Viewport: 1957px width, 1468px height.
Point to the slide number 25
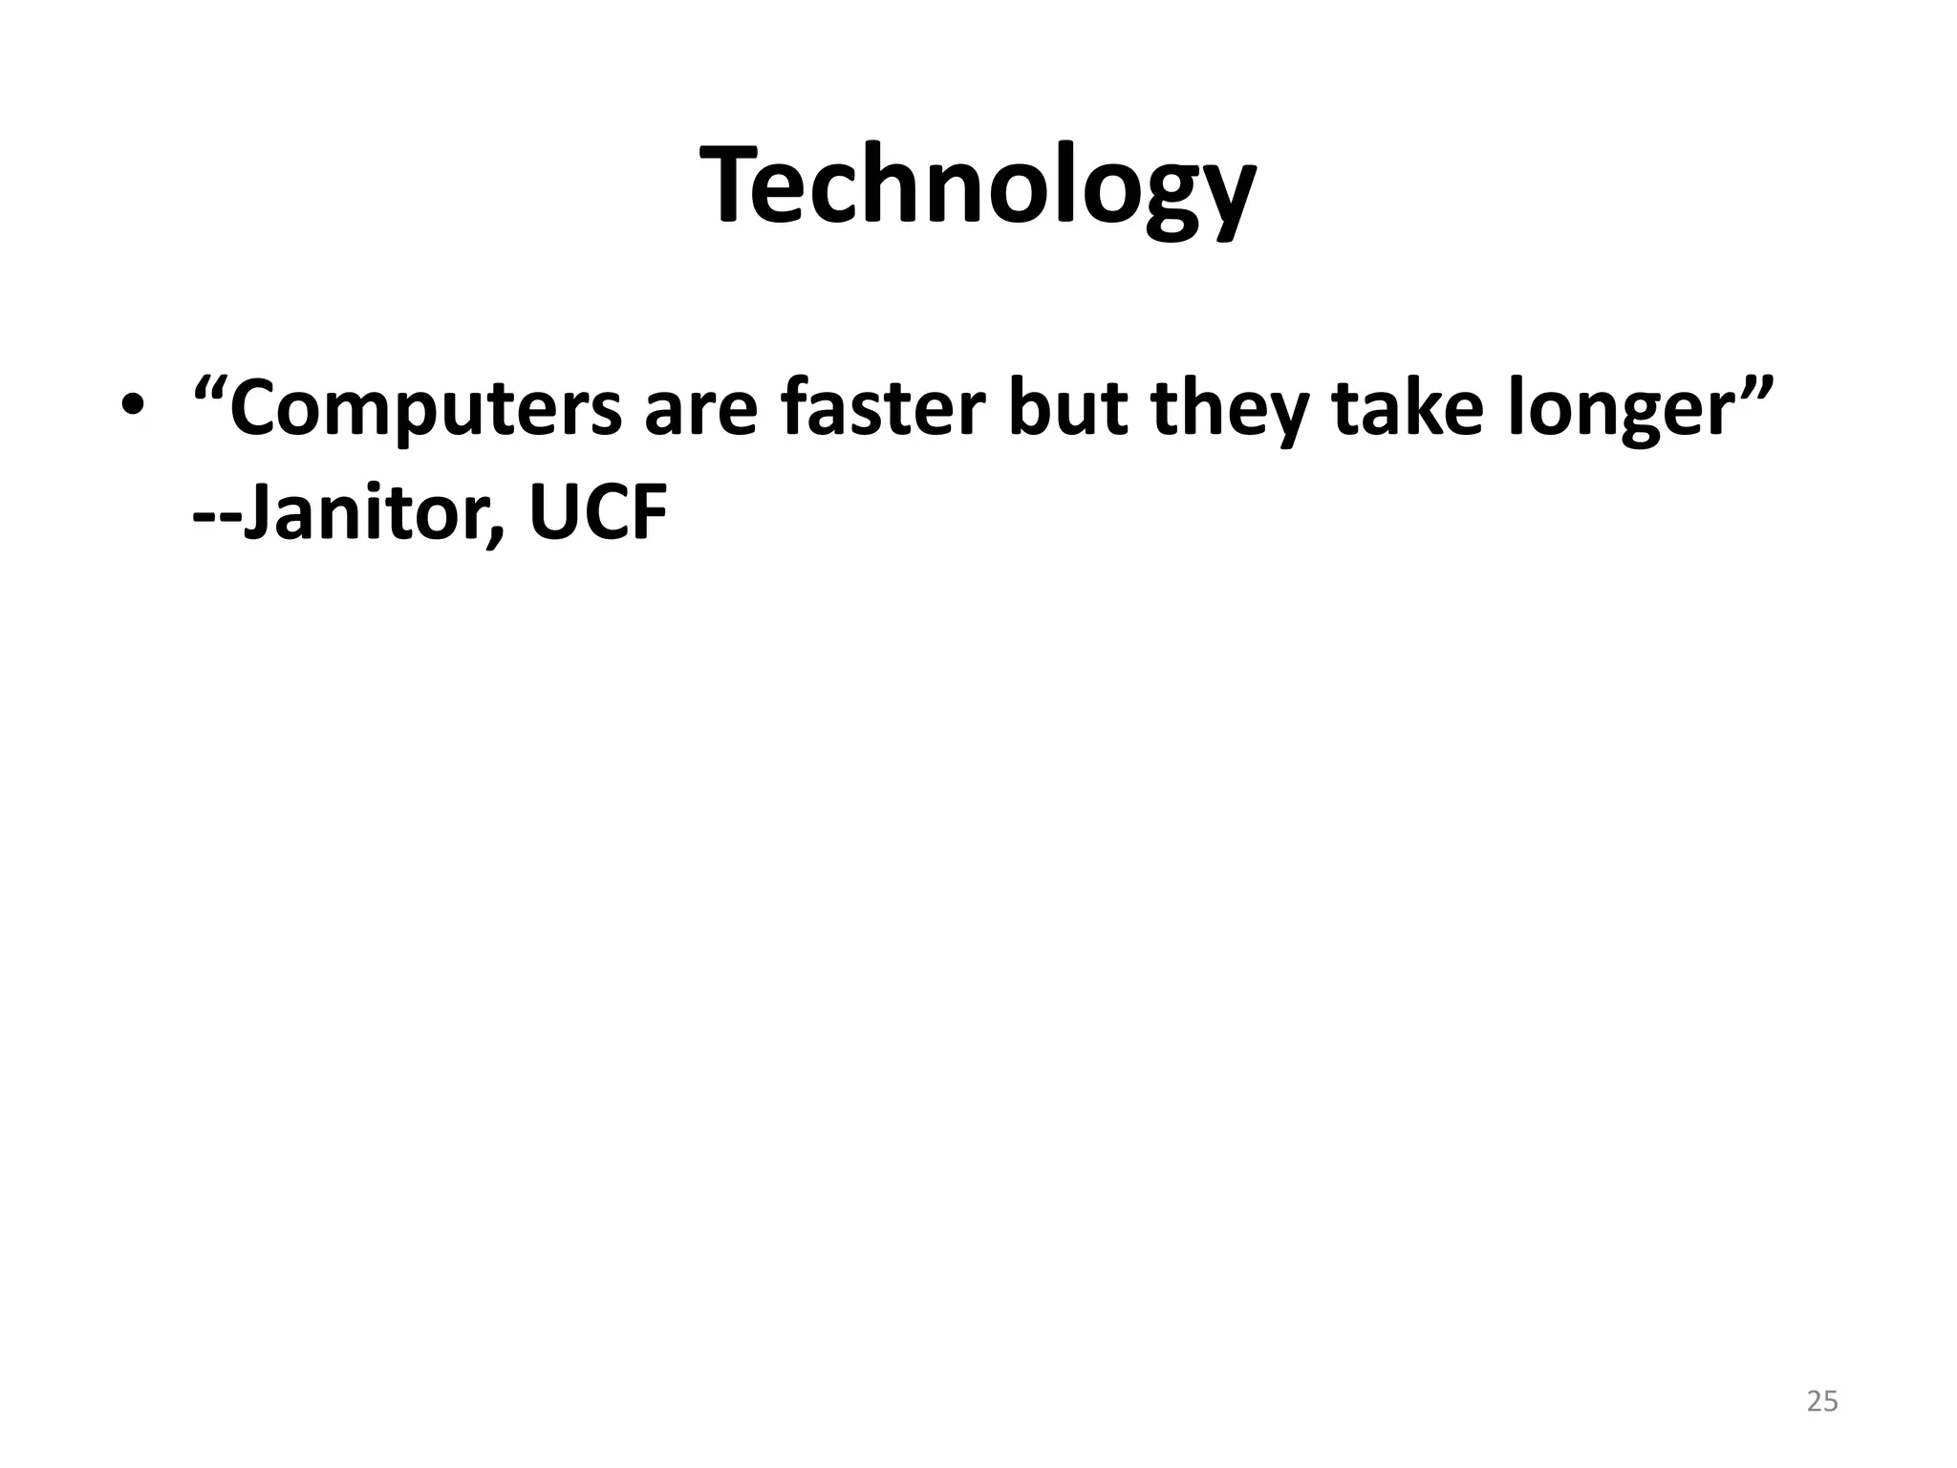(1822, 1401)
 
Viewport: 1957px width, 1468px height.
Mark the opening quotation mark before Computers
(210, 389)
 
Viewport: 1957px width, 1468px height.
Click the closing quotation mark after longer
(1754, 389)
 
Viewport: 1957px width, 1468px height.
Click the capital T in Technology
(733, 186)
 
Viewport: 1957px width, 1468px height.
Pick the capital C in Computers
(258, 409)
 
